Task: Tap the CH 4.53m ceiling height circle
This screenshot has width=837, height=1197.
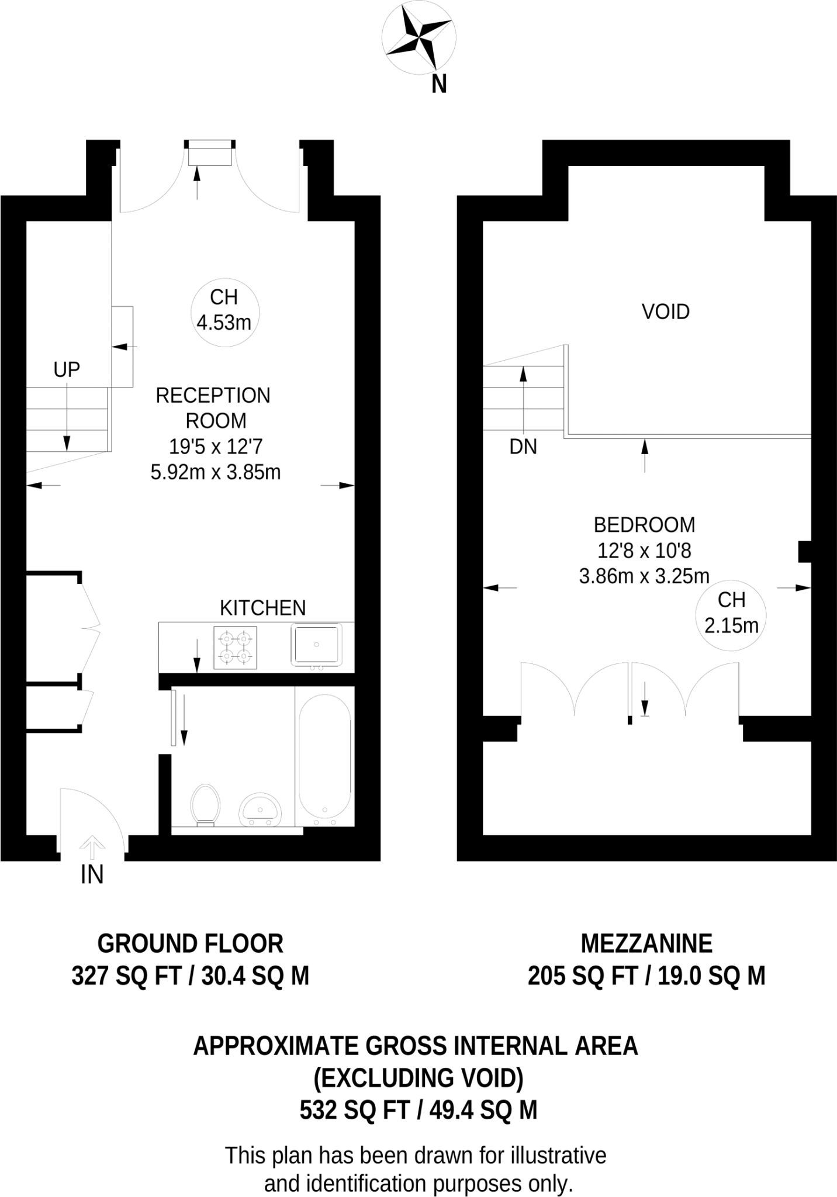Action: coord(225,311)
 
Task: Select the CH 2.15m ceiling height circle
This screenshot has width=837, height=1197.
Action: coord(731,613)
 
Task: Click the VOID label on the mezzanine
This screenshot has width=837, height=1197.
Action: coord(666,312)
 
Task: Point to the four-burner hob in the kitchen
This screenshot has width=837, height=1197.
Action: coord(235,648)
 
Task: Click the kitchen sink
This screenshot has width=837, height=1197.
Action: coord(316,645)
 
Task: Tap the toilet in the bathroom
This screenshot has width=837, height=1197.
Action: coord(205,805)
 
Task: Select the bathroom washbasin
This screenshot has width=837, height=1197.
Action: coord(260,809)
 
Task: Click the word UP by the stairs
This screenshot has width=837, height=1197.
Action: coord(67,370)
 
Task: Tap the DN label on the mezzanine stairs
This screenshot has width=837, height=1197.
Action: coord(523,447)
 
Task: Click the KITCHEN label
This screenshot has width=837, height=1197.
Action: coord(262,608)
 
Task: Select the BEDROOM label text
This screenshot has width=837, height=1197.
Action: coord(644,525)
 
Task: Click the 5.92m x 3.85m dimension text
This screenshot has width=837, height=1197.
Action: coord(216,472)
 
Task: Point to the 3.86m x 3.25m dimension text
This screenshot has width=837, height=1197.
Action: coord(644,576)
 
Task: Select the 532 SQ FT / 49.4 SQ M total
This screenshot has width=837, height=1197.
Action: coord(418,1109)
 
